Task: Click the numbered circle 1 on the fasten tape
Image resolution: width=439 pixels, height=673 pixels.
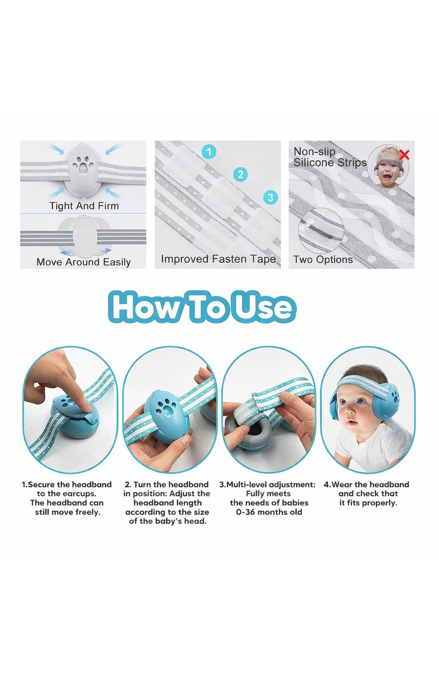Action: (209, 151)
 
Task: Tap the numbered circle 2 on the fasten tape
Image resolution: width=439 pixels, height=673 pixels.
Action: (240, 174)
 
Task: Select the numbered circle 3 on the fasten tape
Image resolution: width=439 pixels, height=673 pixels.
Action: (270, 198)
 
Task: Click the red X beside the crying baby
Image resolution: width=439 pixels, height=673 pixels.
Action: (404, 155)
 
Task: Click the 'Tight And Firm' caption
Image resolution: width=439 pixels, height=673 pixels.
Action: (84, 206)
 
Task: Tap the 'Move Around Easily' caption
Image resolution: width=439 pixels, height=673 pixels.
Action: (83, 262)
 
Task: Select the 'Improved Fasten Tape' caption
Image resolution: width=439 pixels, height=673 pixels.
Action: (218, 259)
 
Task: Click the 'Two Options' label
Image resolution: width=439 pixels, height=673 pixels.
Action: (322, 259)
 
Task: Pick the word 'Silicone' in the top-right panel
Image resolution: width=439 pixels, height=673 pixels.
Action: (315, 163)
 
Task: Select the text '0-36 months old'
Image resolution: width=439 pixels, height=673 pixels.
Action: (269, 512)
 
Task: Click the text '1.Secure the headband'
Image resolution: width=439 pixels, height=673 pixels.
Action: (66, 484)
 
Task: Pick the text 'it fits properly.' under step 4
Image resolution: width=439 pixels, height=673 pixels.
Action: (368, 503)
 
